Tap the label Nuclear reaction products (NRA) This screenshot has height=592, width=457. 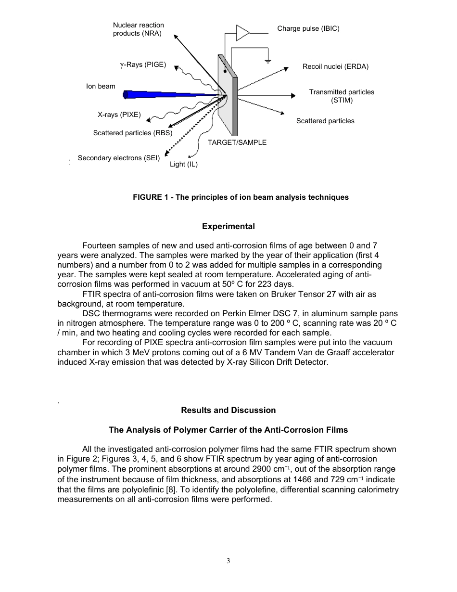tap(138, 29)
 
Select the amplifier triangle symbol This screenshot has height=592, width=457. tap(242, 33)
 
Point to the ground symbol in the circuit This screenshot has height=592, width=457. tap(268, 61)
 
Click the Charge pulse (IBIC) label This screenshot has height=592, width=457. tap(308, 28)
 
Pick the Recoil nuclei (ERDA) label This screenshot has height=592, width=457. tap(335, 66)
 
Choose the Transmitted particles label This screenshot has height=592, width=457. tap(341, 92)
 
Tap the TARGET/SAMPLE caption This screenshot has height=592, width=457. tap(237, 142)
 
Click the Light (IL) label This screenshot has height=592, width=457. tap(183, 164)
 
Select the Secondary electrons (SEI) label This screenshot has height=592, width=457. tap(118, 158)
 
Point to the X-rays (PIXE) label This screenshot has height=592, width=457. tap(119, 115)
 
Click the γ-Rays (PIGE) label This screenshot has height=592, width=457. tap(143, 64)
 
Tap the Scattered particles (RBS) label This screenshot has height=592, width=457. tap(132, 133)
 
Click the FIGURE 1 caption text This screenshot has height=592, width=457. tap(241, 197)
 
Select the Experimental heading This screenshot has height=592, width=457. tap(228, 226)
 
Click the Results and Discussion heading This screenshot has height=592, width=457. tap(228, 410)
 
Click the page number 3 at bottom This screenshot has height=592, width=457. tap(228, 561)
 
